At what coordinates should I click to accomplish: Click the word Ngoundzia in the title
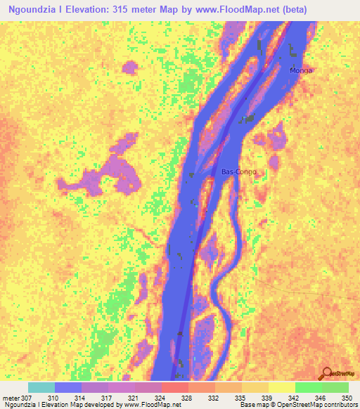click(x=32, y=10)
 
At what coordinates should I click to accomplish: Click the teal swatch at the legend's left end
click(x=41, y=387)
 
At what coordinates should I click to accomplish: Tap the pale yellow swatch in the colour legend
click(x=282, y=387)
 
